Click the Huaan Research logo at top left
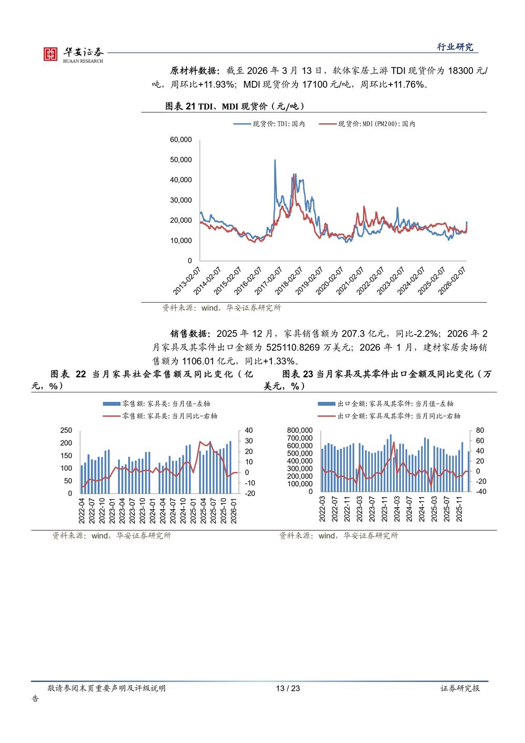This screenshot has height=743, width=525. point(73,54)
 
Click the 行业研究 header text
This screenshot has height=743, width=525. point(455,47)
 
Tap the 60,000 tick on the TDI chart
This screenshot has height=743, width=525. point(181,140)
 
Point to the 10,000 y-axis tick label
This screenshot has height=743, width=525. point(181,241)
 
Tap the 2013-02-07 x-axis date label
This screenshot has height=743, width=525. point(187,281)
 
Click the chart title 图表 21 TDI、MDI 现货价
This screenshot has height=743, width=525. point(235,106)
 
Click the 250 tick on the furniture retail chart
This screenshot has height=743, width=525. point(66,430)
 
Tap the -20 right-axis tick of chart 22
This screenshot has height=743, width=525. point(250,493)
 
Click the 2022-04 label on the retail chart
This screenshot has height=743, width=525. point(82,510)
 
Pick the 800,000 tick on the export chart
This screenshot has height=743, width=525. point(299,430)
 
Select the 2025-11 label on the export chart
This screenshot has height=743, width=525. point(459,509)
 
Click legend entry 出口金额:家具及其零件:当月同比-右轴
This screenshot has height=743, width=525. point(398,416)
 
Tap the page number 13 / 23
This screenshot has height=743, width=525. point(288,688)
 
